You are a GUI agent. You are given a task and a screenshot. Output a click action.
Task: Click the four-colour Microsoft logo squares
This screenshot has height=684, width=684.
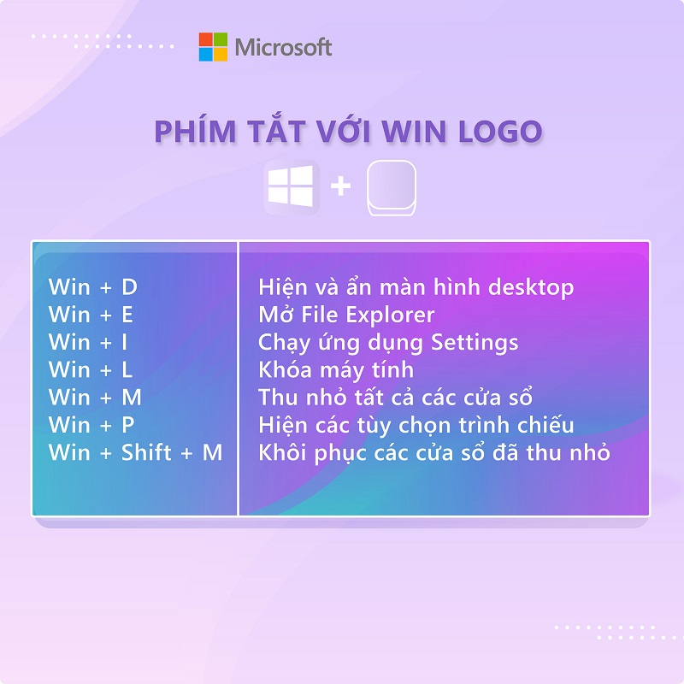[213, 47]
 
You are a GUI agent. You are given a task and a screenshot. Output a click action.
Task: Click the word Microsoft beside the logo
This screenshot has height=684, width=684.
[284, 47]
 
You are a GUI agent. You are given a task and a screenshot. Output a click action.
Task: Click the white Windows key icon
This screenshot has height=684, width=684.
[291, 186]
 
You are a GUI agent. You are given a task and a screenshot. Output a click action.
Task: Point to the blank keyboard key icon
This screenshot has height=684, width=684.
[392, 188]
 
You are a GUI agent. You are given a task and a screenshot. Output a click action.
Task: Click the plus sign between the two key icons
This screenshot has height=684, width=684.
[340, 186]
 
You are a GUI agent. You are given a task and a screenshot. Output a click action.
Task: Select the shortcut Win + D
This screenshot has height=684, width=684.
[93, 287]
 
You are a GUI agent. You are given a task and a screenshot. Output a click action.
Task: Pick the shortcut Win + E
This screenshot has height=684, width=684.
[91, 315]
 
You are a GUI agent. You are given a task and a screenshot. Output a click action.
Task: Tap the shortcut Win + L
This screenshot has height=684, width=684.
[91, 369]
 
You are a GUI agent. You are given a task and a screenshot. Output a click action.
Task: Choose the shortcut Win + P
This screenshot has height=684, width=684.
[91, 424]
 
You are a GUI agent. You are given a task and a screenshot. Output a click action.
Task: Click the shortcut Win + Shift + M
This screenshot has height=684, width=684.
[135, 452]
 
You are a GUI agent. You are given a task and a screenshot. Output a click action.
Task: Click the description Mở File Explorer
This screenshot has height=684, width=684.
[346, 315]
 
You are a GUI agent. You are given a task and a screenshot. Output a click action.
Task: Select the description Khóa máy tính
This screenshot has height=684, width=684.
[336, 370]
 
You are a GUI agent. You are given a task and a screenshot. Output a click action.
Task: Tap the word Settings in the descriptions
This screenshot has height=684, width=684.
[475, 343]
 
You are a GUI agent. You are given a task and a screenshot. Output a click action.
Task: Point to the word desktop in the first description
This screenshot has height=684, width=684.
[531, 288]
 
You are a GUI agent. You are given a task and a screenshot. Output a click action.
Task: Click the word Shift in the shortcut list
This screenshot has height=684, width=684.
[146, 452]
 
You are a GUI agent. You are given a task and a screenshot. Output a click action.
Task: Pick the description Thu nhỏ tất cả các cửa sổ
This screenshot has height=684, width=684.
[395, 397]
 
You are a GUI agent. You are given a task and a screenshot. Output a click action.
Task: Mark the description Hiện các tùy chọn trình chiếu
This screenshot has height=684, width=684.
[416, 425]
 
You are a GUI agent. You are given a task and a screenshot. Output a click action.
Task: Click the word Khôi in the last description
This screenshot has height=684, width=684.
[281, 452]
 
